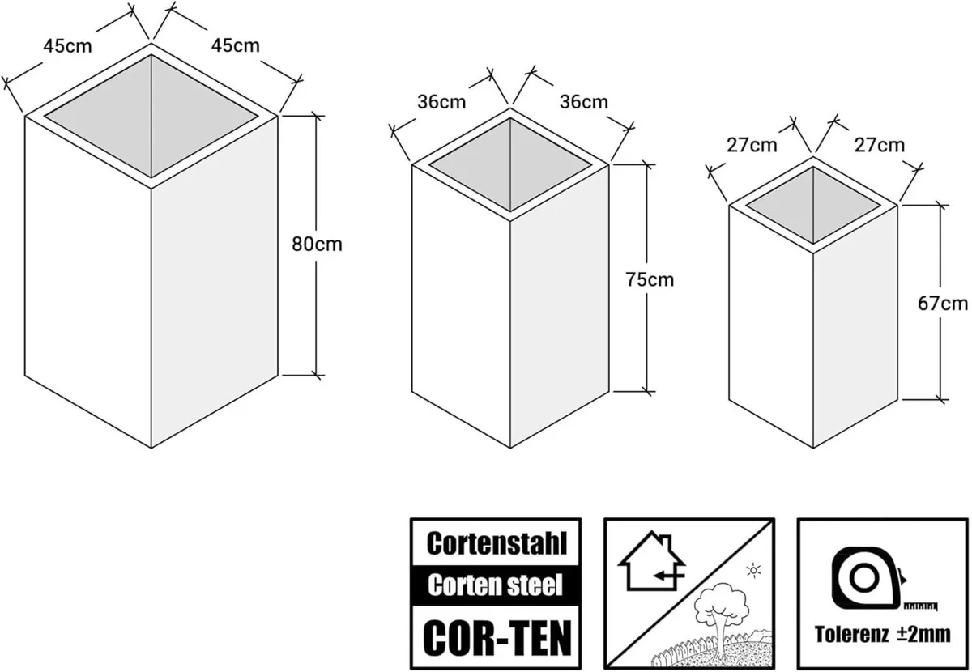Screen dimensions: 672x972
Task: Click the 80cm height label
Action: point(317,245)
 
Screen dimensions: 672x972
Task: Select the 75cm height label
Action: point(650,279)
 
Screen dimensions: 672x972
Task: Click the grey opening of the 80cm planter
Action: point(151,115)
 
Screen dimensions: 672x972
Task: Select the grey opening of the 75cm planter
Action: point(509,166)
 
